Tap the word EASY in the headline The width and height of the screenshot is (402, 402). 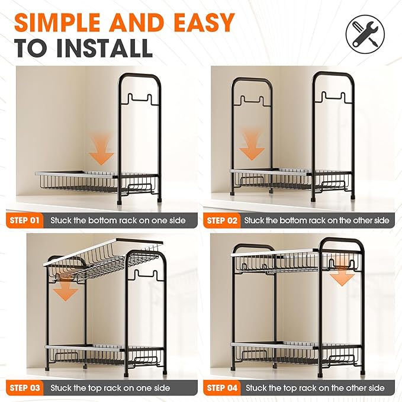tap(205, 22)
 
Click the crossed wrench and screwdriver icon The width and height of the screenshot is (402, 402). tap(365, 34)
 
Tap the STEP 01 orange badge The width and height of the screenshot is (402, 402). tap(25, 220)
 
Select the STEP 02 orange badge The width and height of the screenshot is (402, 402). tap(222, 220)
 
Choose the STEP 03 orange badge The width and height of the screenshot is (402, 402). tap(25, 388)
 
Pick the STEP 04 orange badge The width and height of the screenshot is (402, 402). tap(222, 388)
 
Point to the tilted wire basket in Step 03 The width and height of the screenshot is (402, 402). tap(102, 259)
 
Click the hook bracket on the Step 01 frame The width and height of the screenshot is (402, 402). tap(140, 100)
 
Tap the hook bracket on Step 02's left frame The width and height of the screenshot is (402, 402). tap(252, 101)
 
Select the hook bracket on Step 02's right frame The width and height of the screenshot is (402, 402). tap(333, 98)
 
